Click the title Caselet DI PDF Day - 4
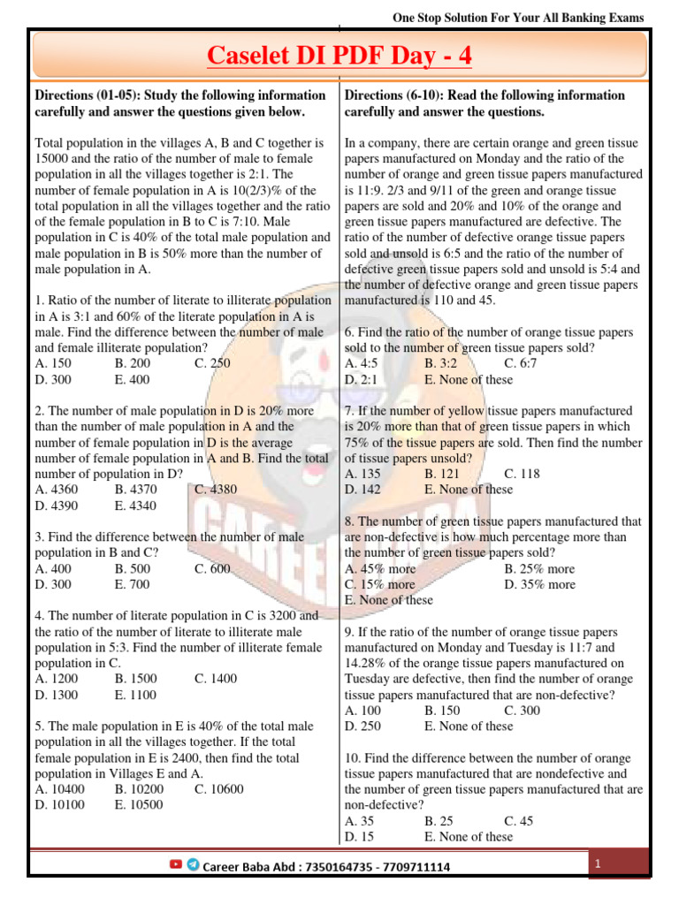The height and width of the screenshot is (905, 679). tap(339, 57)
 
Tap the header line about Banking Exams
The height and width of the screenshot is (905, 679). tap(518, 18)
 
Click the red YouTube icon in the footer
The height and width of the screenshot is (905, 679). tap(176, 865)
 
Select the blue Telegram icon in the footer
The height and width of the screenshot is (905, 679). tap(193, 865)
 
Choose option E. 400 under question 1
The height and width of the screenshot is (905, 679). tap(133, 379)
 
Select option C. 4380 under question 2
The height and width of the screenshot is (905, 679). tap(216, 490)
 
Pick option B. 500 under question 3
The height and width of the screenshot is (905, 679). tap(133, 568)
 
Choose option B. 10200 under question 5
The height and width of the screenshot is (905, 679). tap(139, 789)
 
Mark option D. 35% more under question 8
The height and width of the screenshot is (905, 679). tap(539, 584)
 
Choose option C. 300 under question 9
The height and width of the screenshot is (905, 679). tap(522, 711)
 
